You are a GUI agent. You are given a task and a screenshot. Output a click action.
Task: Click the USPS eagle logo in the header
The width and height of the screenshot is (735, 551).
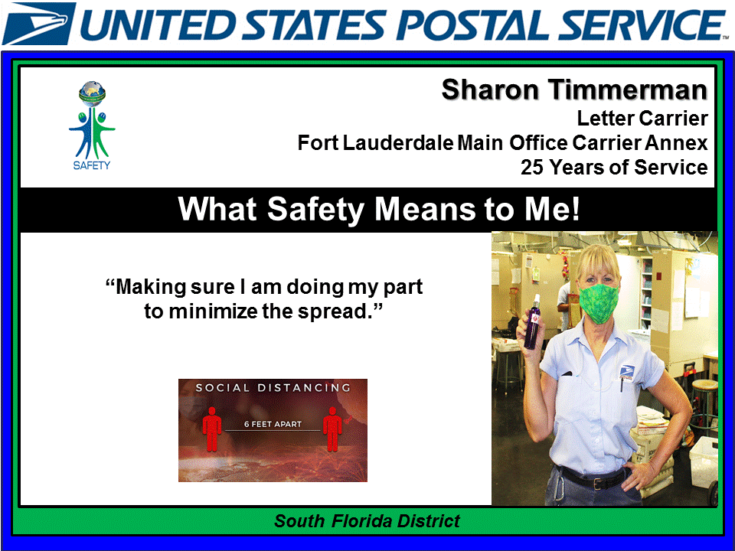[39, 23]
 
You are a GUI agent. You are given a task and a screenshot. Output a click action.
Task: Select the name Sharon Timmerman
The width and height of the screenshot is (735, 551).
[574, 90]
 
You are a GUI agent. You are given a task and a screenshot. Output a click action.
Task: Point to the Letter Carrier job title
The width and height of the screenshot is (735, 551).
[642, 119]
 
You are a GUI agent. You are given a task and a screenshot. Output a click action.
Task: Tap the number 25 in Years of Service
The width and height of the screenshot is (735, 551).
[533, 167]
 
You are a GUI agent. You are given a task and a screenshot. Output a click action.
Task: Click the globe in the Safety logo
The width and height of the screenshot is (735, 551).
[92, 93]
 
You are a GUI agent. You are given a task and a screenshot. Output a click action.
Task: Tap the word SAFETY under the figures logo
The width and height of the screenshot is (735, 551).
[92, 166]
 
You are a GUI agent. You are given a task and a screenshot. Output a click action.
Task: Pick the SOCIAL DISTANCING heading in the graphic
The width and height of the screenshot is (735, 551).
[273, 388]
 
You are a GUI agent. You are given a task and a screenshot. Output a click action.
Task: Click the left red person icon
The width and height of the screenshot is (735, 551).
[212, 429]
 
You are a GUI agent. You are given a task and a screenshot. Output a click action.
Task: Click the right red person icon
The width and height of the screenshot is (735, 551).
[332, 429]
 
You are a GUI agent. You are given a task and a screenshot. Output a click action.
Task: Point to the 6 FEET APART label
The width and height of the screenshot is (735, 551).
[273, 424]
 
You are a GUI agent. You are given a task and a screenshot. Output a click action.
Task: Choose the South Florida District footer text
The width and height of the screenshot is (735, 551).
[367, 522]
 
